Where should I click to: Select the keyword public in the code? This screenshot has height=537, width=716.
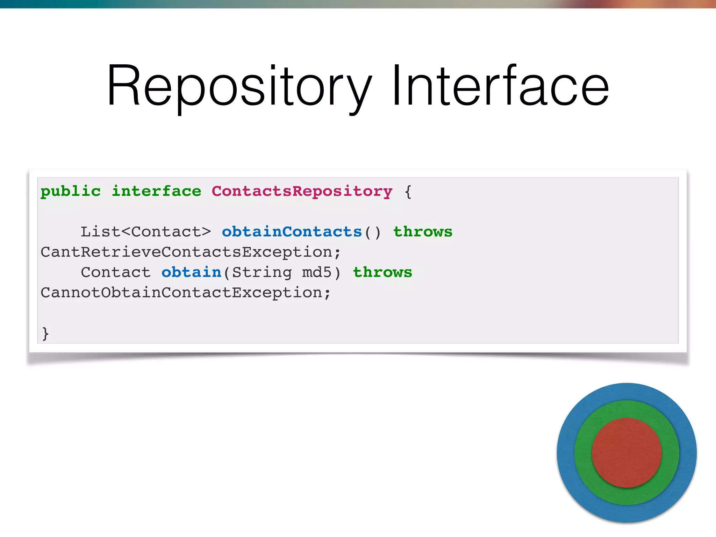pyautogui.click(x=71, y=191)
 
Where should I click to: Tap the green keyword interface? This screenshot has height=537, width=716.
pyautogui.click(x=156, y=191)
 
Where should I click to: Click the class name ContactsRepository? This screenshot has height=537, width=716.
pyautogui.click(x=302, y=191)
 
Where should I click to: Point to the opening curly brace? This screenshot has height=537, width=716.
pyautogui.click(x=408, y=192)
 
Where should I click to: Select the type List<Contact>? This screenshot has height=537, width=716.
pyautogui.click(x=146, y=232)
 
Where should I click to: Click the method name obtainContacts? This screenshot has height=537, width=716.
pyautogui.click(x=292, y=232)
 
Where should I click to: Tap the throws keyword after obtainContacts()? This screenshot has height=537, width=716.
pyautogui.click(x=423, y=232)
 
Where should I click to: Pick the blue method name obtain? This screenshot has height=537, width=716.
pyautogui.click(x=191, y=272)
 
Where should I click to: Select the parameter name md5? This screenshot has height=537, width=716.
pyautogui.click(x=317, y=272)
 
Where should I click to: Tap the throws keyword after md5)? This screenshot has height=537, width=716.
pyautogui.click(x=382, y=272)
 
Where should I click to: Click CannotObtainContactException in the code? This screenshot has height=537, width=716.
pyautogui.click(x=181, y=293)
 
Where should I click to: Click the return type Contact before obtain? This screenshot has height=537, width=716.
pyautogui.click(x=116, y=272)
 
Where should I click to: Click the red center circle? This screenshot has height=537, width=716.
pyautogui.click(x=626, y=453)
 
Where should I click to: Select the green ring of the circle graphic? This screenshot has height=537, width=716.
pyautogui.click(x=626, y=409)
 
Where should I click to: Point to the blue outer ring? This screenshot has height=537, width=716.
pyautogui.click(x=626, y=392)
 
